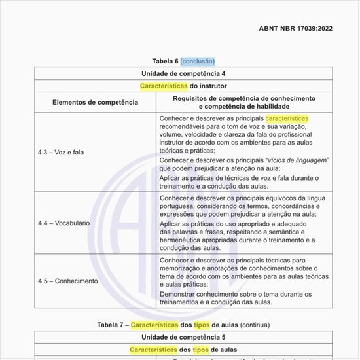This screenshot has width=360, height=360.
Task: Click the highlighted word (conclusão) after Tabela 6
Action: click(198, 62)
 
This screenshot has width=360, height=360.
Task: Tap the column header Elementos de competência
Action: click(96, 102)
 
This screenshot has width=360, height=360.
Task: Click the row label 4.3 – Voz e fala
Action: click(61, 152)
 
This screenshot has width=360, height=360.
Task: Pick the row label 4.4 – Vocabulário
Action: click(63, 223)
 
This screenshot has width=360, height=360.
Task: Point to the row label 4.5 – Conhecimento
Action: click(67, 281)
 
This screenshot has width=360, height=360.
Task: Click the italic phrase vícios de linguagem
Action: click(297, 160)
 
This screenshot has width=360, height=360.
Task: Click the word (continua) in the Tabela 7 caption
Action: click(255, 325)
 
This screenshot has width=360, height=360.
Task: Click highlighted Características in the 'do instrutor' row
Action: click(164, 86)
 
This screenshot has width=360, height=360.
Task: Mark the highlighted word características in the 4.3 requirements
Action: click(287, 118)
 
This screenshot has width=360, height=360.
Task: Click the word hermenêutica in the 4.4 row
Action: click(182, 240)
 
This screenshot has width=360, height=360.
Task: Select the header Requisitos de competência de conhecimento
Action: click(244, 98)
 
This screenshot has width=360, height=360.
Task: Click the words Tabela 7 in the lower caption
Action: click(111, 325)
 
